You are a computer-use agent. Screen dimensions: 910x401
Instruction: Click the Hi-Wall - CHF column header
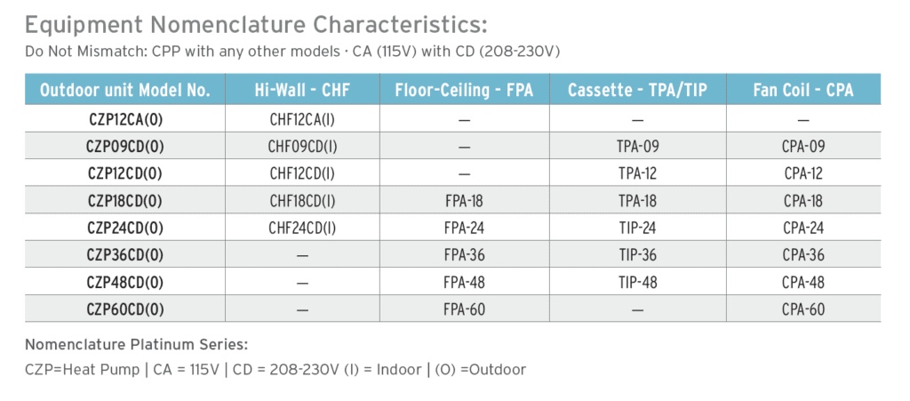pos(302,90)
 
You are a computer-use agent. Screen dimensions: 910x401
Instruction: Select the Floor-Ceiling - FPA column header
pos(464,90)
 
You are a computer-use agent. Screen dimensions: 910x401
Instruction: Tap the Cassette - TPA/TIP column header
pos(637,90)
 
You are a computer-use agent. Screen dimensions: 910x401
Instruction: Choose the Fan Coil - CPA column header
pos(803,90)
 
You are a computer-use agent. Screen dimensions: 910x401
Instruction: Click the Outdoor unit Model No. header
pos(124,90)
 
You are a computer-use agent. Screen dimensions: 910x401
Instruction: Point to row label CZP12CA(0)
pos(125,119)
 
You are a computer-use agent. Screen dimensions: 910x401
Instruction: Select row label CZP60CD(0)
pos(125,309)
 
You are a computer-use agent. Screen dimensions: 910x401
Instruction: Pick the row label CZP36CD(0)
pos(125,255)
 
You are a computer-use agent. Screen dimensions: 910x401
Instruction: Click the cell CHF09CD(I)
pos(302,146)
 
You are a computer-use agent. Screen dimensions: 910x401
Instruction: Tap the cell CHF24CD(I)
pos(302,228)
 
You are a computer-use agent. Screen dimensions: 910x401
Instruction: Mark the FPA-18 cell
pos(464,201)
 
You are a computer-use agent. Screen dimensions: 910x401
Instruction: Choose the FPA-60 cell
pos(464,309)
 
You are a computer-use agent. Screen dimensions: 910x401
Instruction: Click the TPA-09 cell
pos(637,146)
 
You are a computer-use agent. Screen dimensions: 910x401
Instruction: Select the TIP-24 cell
pos(637,228)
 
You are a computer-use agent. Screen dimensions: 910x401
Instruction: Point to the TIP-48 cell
pos(637,282)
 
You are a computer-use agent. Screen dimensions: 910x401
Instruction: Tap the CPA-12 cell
pos(803,173)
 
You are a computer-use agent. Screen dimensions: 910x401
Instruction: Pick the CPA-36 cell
pos(803,255)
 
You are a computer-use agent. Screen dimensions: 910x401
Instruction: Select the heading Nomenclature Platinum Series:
pos(136,345)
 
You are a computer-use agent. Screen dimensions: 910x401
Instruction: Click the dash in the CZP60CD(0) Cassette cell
pos(637,310)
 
